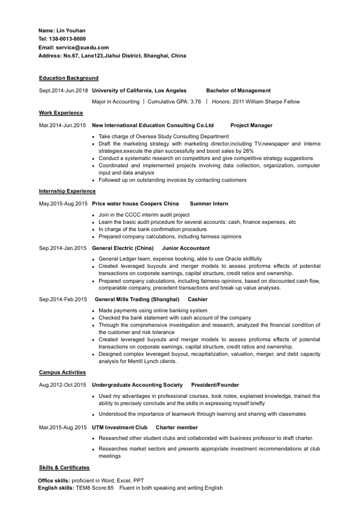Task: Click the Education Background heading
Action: [68, 78]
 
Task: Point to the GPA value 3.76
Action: [195, 102]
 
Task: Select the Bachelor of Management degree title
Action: [238, 90]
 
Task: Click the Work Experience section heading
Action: [61, 113]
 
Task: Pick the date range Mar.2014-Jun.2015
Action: [63, 125]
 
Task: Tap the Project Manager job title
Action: [251, 125]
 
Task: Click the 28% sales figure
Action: [248, 151]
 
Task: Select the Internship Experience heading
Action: [67, 191]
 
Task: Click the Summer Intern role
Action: [209, 204]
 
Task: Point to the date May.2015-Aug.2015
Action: [63, 204]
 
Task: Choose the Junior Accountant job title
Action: [185, 248]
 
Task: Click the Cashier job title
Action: [198, 299]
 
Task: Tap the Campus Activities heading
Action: [62, 372]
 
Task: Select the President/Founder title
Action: [215, 385]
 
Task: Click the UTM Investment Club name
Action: [119, 428]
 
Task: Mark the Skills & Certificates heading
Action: [64, 468]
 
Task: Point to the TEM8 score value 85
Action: [110, 488]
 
